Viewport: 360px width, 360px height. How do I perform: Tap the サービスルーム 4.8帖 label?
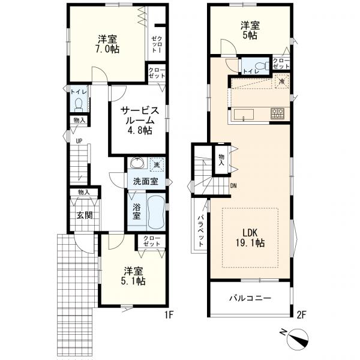(x=139, y=121)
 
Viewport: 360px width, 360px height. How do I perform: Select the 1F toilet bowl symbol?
(x=79, y=104)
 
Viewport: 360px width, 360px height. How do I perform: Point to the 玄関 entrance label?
(x=85, y=215)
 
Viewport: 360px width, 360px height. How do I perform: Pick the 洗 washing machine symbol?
(x=157, y=165)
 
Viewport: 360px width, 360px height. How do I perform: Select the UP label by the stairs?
(x=79, y=141)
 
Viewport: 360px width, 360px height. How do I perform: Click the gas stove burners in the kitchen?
(x=277, y=113)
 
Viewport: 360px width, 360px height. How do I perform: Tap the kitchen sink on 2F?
(x=244, y=115)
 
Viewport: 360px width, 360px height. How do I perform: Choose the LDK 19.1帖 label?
(x=250, y=238)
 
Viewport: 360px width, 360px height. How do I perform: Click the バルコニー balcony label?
(x=250, y=298)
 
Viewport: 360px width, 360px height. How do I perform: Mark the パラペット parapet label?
(x=200, y=230)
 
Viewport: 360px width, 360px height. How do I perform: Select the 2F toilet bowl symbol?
(x=265, y=66)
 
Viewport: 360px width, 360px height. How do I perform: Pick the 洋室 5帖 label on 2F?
(x=250, y=31)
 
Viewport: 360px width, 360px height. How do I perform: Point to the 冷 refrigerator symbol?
(x=282, y=81)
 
